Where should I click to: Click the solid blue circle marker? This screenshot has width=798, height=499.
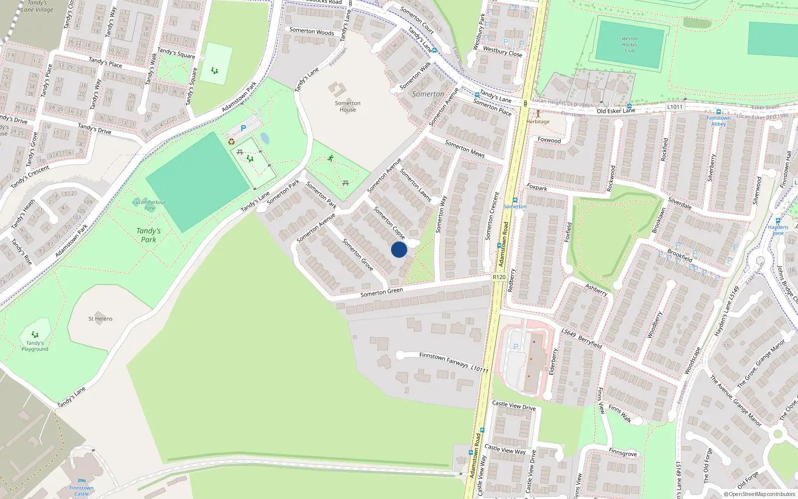point(399,249)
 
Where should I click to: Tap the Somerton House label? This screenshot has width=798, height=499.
point(348,106)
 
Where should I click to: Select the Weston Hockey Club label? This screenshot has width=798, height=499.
point(629,44)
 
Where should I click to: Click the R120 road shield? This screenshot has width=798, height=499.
point(499,277)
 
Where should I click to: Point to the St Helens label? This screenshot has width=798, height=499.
point(100,318)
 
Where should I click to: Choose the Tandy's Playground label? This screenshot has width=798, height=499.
point(35,346)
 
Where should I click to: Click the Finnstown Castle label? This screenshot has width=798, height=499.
point(81,491)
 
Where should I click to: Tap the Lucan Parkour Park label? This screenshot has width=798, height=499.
point(149,205)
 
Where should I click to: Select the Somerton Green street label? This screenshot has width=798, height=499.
point(382,292)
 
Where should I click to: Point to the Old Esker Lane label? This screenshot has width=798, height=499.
point(616,110)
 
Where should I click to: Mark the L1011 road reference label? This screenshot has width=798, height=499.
point(674,107)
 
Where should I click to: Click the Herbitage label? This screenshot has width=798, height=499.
point(538,121)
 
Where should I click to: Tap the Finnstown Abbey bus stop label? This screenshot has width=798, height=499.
point(718,121)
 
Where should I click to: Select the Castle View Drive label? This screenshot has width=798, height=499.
point(514,406)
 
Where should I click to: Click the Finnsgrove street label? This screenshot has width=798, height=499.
point(622,452)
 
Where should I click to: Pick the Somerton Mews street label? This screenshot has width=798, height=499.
point(464,149)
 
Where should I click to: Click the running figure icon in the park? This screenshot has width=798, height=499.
point(331,158)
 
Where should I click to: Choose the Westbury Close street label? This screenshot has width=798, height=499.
point(502,51)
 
